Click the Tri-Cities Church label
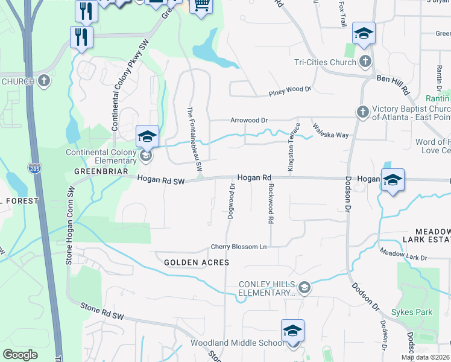point(325,62)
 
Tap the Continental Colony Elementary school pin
point(147,137)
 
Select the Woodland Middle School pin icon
point(292,331)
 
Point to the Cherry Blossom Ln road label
point(238,247)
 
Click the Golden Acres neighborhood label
point(197,262)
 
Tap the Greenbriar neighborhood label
point(101,171)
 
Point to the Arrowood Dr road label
point(248,120)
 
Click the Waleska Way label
point(330,131)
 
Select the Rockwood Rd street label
point(271,204)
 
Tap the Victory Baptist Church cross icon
point(362,112)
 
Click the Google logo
point(20,355)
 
